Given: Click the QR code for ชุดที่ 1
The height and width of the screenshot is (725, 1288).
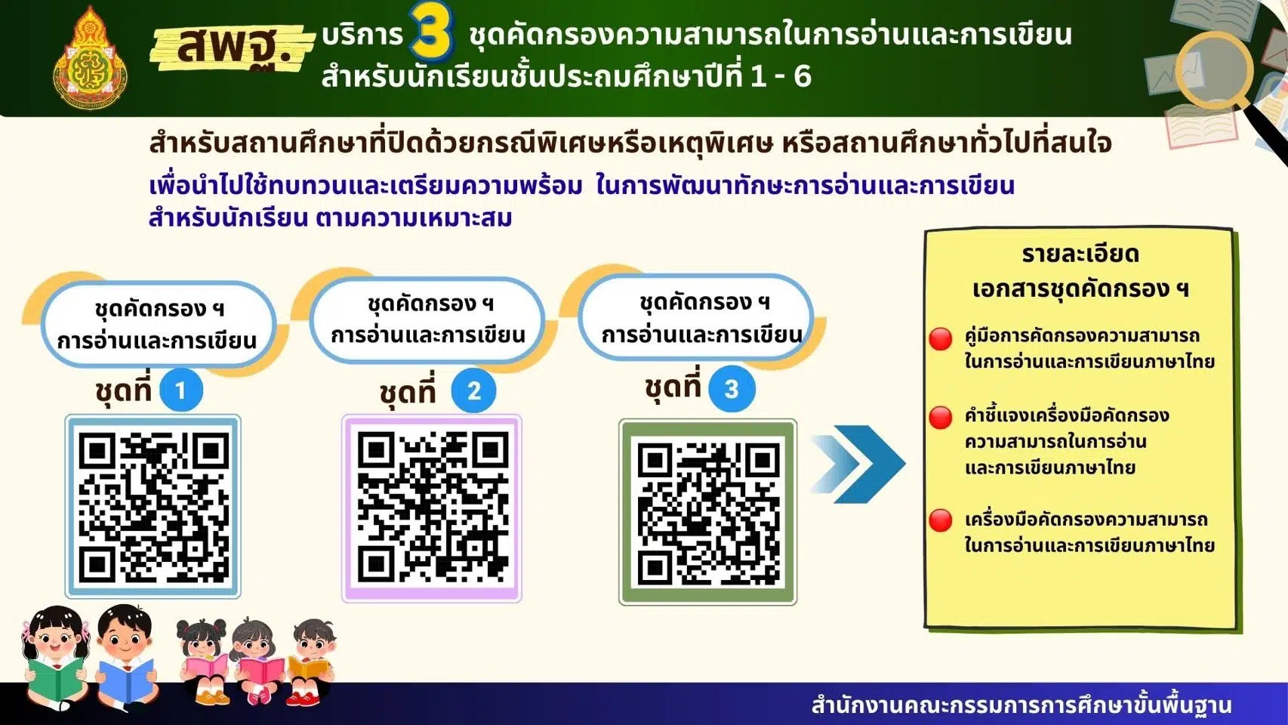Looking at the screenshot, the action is (x=153, y=506).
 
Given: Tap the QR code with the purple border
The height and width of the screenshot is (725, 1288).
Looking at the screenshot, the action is (x=432, y=508).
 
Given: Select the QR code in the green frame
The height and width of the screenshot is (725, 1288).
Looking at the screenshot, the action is (x=708, y=512).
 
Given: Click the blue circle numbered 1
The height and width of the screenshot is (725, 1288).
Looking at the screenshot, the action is (x=181, y=390).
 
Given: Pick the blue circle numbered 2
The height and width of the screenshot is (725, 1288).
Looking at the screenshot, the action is (x=474, y=390).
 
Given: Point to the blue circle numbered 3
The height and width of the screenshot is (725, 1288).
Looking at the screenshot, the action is (x=732, y=389).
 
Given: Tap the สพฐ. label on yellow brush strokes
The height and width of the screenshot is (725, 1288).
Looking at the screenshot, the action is (x=233, y=48).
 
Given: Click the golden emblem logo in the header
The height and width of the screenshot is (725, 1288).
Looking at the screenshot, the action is (x=91, y=58).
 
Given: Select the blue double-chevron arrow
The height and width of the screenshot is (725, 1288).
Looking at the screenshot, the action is (x=858, y=464).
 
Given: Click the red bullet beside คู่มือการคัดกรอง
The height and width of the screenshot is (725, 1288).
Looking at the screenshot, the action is (x=941, y=339).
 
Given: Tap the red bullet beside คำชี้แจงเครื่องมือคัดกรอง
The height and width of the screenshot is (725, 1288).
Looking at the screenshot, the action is (x=941, y=418).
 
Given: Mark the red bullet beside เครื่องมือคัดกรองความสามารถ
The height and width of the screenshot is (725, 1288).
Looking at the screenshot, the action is (x=941, y=521).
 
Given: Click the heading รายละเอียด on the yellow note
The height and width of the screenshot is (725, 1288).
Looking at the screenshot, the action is (x=1080, y=255).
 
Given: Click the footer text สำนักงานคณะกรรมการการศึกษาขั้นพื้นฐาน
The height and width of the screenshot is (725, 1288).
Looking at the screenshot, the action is (x=1021, y=705).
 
